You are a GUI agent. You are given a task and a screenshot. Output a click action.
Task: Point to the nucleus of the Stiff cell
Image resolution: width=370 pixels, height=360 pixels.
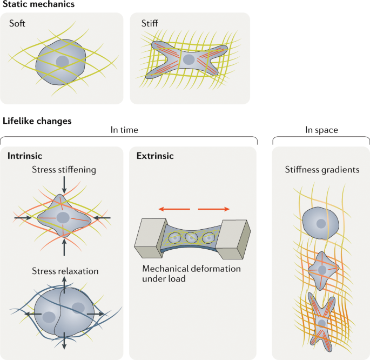(189, 59)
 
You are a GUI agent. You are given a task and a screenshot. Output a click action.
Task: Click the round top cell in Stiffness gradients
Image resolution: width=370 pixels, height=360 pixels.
(320, 223)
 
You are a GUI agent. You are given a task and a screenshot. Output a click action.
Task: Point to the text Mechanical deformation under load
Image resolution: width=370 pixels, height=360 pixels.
(191, 273)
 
